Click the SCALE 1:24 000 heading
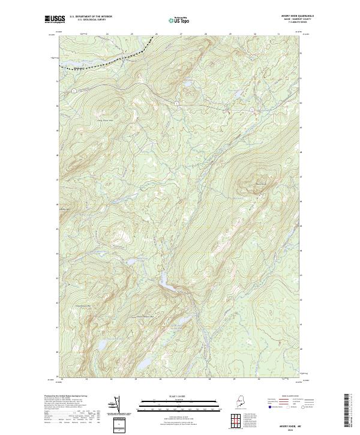coord(180,397)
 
